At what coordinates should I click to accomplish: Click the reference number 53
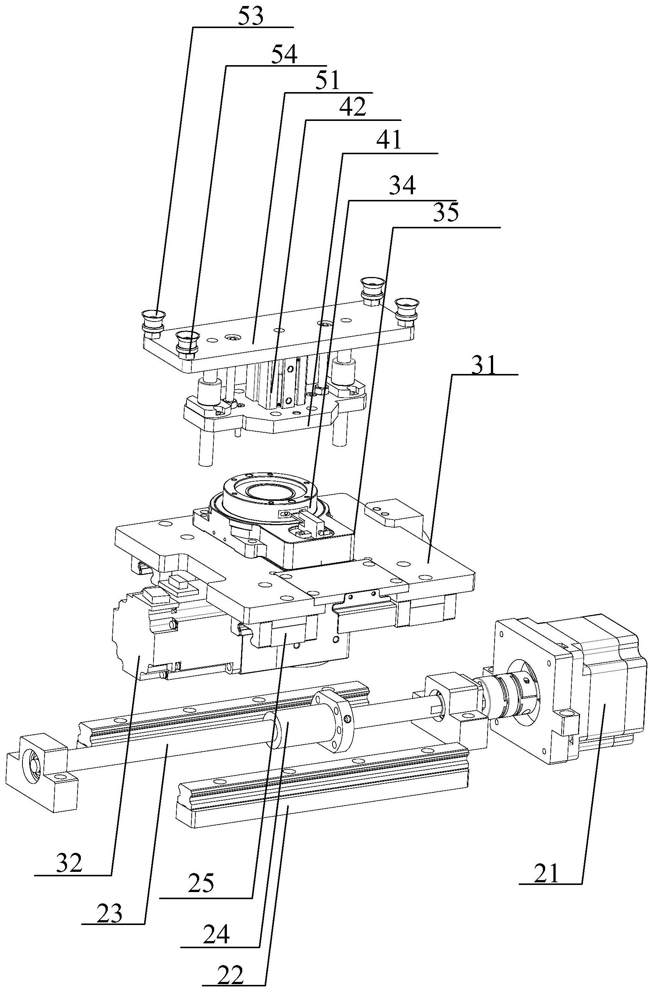tap(250, 16)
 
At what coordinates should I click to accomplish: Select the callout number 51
tap(327, 80)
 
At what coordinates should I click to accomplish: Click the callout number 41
tap(388, 140)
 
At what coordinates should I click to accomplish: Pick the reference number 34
tap(403, 185)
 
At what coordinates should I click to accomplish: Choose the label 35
tap(446, 212)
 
